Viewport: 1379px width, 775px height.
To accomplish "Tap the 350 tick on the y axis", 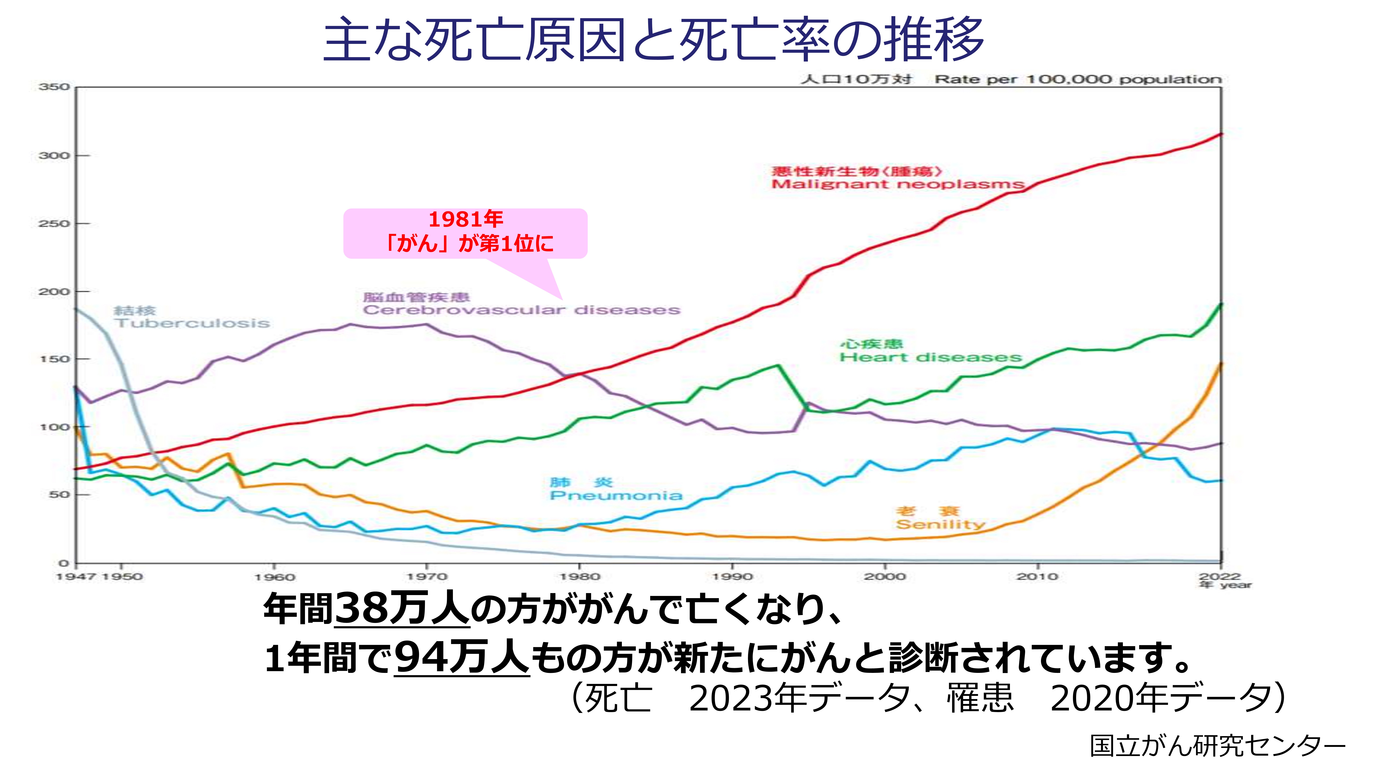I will [54, 87].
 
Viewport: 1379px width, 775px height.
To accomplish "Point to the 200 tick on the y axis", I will [54, 292].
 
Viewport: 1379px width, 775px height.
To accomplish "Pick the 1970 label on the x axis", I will [427, 577].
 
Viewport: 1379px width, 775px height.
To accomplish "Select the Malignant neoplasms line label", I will [897, 184].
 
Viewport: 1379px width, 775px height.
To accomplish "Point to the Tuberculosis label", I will [192, 323].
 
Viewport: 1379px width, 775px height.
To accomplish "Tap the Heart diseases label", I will [930, 357].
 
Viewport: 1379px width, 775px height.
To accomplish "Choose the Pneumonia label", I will [616, 495].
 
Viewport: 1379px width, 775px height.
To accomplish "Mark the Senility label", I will [941, 524].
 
